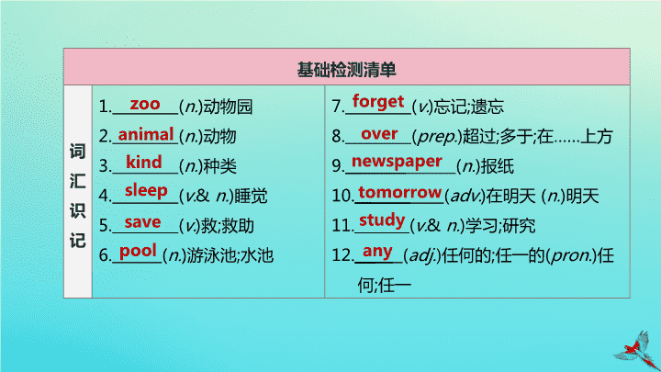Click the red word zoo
[x=145, y=104]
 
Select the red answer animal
[x=146, y=134]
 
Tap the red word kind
[x=144, y=162]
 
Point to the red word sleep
[x=146, y=191]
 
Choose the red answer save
[x=142, y=222]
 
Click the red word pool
[x=138, y=252]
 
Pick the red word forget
[x=378, y=102]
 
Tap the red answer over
[x=379, y=134]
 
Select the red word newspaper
[x=397, y=162]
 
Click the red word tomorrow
[x=399, y=192]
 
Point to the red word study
[x=382, y=220]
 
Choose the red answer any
[x=377, y=252]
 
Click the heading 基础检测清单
[x=346, y=70]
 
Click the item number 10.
[x=342, y=196]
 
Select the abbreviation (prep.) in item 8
[x=436, y=136]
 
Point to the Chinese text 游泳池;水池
[x=230, y=255]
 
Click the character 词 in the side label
[x=77, y=151]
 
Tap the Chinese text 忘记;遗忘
[x=468, y=107]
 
